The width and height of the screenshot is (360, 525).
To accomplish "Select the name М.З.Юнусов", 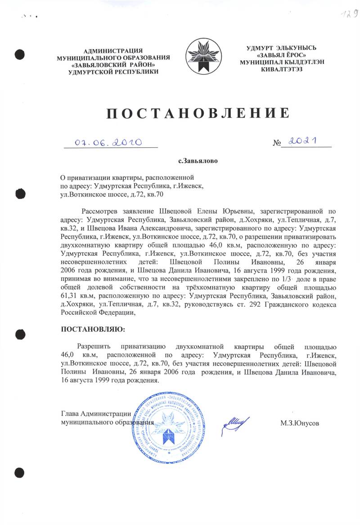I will coord(300,424).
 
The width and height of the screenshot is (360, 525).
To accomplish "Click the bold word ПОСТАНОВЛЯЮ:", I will coord(93,329).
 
